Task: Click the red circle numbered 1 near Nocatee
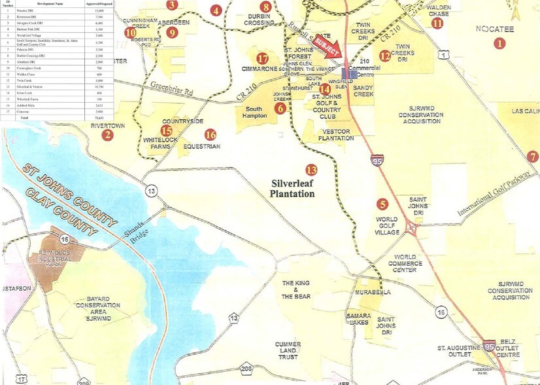pos(500,44)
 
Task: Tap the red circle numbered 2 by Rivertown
pos(107,136)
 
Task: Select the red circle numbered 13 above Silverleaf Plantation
pos(311,170)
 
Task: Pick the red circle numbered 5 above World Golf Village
pos(383,204)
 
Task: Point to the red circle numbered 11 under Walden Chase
pos(437,23)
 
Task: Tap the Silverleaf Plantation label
pos(293,189)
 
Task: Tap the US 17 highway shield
pos(22,378)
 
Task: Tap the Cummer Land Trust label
pos(288,350)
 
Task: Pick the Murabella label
pos(373,291)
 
